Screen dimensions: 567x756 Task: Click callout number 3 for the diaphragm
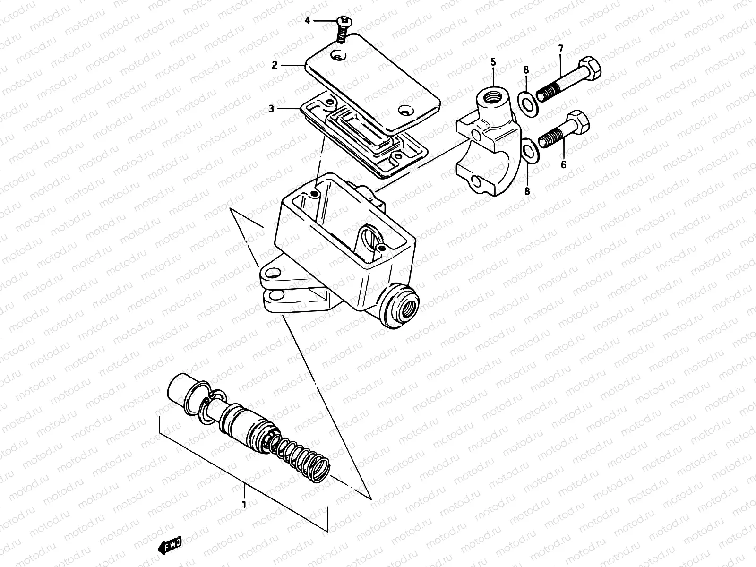(272, 109)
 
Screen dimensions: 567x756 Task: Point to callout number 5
(493, 61)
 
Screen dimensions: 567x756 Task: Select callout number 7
(561, 48)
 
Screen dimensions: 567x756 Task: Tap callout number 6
(563, 165)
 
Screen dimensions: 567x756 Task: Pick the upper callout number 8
(526, 70)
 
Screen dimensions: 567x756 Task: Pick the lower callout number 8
(527, 191)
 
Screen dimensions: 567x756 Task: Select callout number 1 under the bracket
(244, 505)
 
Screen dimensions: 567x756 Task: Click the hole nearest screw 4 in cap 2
(338, 57)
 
